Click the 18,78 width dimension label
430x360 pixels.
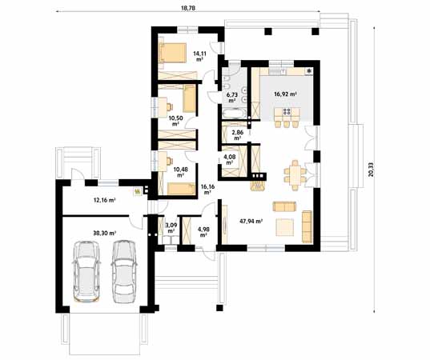point(188,8)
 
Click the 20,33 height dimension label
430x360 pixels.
point(371,170)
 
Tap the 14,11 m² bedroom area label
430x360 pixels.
point(199,56)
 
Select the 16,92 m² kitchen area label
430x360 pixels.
point(286,94)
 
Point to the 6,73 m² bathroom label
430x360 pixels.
point(232,98)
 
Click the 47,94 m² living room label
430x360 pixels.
point(251,221)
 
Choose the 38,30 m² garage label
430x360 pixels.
point(104,233)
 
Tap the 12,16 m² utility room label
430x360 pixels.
point(104,200)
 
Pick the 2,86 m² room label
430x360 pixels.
point(238,135)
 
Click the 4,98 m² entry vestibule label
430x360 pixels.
point(203,232)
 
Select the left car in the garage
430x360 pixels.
point(86,271)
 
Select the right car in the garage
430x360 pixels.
point(124,271)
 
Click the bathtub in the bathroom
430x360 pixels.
point(235,114)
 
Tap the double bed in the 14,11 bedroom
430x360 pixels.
point(173,52)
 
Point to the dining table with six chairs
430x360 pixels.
point(295,175)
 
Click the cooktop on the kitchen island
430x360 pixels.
point(287,111)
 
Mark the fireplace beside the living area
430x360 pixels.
point(258,182)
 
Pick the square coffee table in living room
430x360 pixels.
point(284,227)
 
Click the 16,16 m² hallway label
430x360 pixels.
point(207,190)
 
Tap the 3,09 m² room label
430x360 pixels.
point(171,228)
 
